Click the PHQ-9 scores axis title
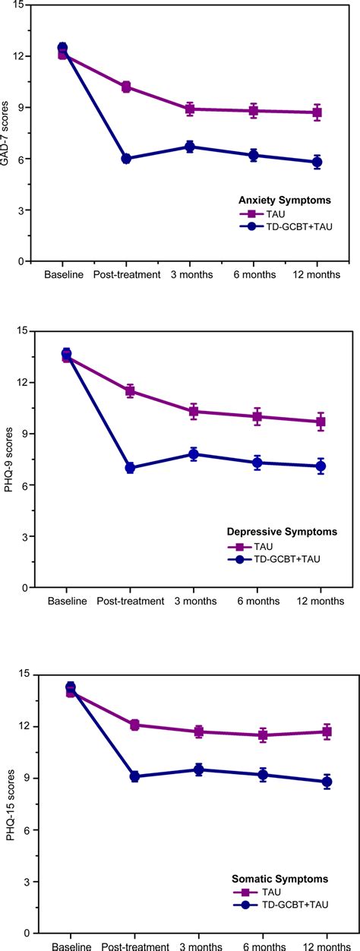click(9, 460)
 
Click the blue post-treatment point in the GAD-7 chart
click(126, 159)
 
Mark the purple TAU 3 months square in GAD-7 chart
click(191, 109)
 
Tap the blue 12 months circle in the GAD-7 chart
click(317, 162)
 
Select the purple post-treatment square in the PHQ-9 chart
click(130, 391)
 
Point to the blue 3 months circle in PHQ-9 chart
click(194, 454)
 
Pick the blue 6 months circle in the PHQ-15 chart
click(263, 775)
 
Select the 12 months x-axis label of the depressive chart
click(320, 602)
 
